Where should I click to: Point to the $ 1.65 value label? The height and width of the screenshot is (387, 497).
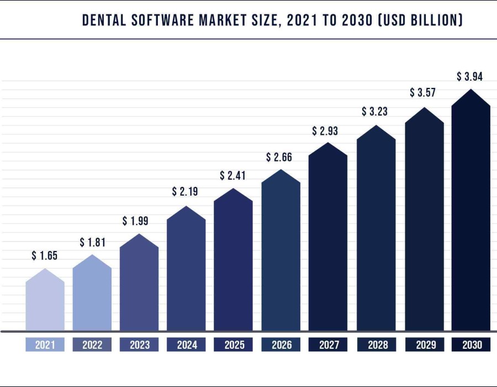tap(45, 255)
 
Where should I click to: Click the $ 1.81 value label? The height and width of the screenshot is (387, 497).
tap(92, 242)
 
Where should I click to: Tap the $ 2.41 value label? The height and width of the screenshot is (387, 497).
tap(233, 176)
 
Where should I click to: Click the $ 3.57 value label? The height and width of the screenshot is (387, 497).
tap(423, 92)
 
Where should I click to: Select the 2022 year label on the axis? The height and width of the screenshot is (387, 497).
tap(92, 345)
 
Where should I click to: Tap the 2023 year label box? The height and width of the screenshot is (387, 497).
tap(139, 345)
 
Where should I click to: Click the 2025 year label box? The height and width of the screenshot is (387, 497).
tap(234, 345)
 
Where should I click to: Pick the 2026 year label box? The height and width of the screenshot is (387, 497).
tap(281, 345)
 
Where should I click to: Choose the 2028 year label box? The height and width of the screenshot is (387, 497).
tap(376, 345)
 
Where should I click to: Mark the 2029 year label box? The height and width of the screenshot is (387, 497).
tap(423, 345)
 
